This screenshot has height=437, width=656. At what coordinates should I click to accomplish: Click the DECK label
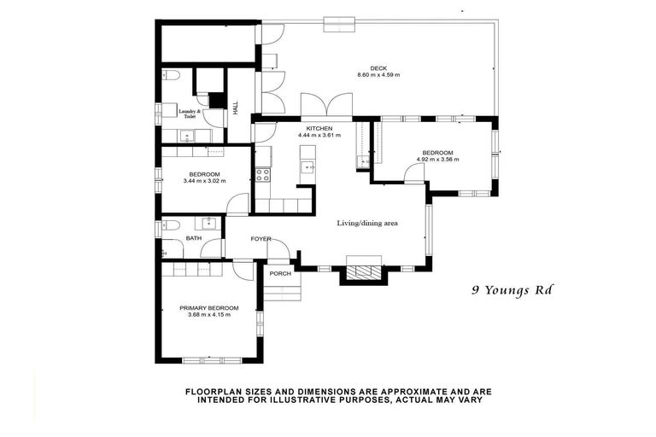[x=378, y=67]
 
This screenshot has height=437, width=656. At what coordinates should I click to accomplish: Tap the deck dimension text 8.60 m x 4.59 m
[x=378, y=75]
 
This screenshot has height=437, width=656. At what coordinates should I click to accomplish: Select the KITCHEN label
[x=314, y=128]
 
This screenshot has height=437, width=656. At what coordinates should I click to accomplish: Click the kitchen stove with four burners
[x=263, y=175]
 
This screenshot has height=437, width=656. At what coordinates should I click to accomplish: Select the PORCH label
[x=280, y=273]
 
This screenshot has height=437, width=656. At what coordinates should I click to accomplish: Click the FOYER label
[x=261, y=239]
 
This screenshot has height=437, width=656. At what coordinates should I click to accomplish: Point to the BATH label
[x=194, y=239]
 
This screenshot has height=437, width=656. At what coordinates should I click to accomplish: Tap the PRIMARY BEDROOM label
[x=208, y=307]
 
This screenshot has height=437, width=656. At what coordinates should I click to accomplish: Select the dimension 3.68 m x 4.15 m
[x=208, y=315]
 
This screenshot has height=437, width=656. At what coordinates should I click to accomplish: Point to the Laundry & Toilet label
[x=190, y=114]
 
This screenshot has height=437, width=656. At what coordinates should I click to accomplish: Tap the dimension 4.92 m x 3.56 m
[x=437, y=160]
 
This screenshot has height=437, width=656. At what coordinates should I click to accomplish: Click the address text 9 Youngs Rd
[x=512, y=289]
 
